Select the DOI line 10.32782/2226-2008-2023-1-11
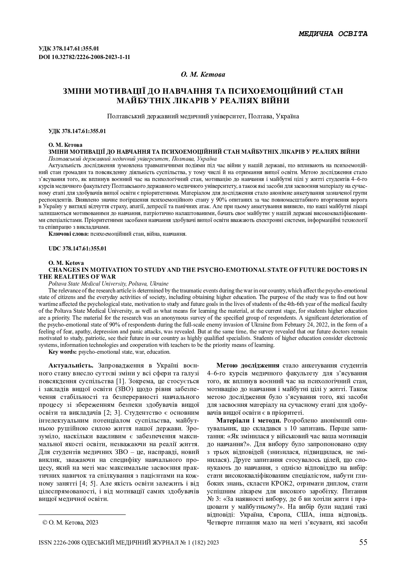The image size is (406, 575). coord(84,57)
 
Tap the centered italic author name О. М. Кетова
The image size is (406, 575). coord(203,74)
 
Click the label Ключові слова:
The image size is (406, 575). coord(68,234)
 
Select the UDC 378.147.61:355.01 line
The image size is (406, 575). coord(78,248)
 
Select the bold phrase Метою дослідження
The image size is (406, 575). coord(248,366)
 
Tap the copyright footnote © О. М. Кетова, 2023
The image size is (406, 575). coord(71,523)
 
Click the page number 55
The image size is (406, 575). coord(363,542)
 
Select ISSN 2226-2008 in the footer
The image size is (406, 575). coord(59,543)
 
